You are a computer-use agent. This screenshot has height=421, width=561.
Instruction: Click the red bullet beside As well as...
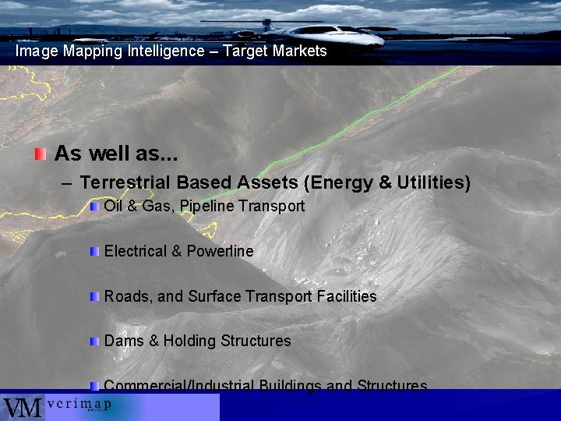[x=41, y=153]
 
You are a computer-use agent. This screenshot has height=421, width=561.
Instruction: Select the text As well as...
[x=116, y=153]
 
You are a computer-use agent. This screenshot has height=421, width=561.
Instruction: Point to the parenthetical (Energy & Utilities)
[x=387, y=182]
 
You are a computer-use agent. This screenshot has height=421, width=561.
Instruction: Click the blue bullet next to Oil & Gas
[x=94, y=207]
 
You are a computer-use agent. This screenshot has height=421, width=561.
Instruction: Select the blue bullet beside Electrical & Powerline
[x=94, y=252]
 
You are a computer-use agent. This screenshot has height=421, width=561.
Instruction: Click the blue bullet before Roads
[x=94, y=297]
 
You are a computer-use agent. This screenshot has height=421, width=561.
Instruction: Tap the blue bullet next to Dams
[x=94, y=341]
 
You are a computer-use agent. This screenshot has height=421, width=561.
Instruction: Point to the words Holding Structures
[x=227, y=341]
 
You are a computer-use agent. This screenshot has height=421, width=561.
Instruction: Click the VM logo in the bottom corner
[x=22, y=407]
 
